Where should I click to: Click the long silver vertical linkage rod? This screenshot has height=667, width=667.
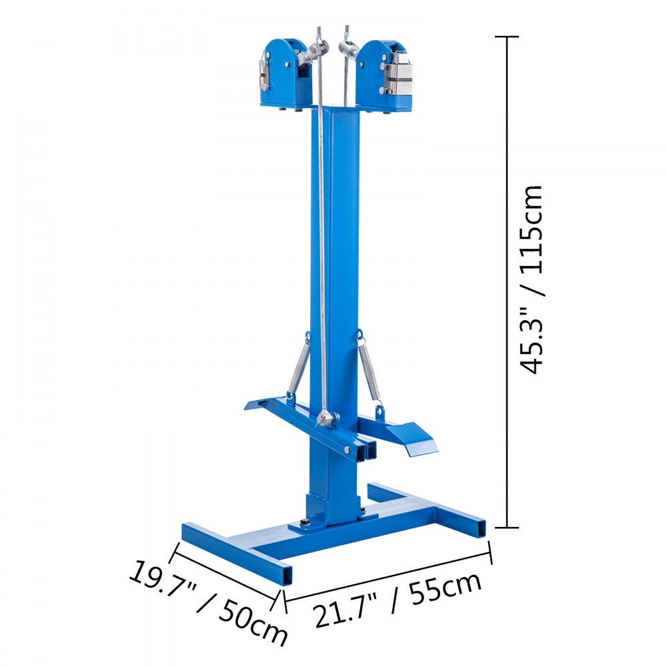click(322, 233)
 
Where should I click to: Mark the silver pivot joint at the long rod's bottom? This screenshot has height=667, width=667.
click(325, 420)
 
